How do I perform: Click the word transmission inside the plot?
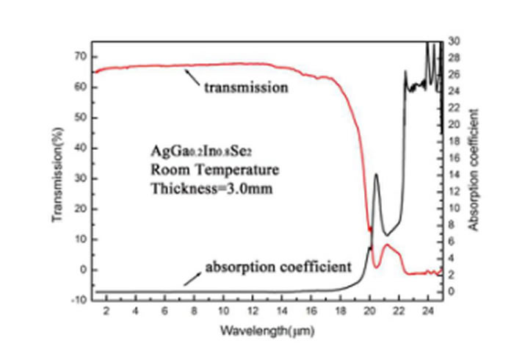click(x=245, y=88)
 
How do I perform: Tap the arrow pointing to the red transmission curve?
click(x=192, y=76)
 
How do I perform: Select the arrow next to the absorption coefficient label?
click(x=192, y=277)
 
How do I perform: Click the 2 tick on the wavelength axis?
click(x=106, y=310)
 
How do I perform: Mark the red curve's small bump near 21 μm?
click(x=388, y=245)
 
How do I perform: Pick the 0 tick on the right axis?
click(x=452, y=292)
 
